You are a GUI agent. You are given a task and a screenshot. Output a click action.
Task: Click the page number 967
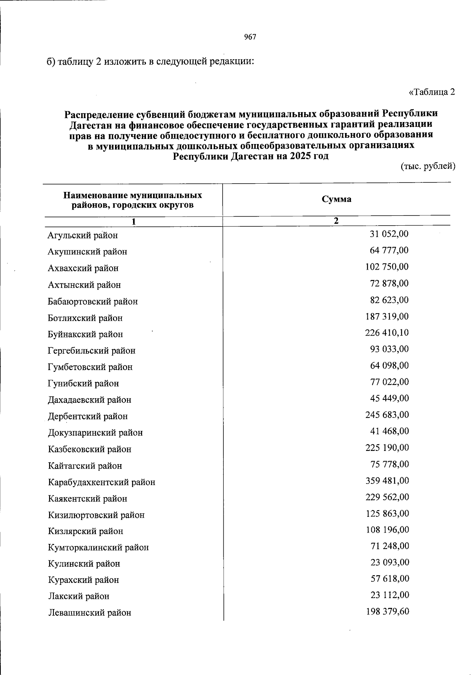click(x=250, y=37)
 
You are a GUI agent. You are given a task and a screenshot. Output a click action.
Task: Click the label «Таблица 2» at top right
click(x=432, y=92)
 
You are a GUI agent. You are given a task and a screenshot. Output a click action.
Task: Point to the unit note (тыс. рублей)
click(x=427, y=166)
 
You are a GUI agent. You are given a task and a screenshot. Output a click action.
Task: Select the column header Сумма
click(x=336, y=199)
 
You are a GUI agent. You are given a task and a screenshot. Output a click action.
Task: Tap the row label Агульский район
click(x=83, y=235)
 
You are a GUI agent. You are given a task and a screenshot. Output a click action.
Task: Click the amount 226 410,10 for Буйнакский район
click(x=387, y=333)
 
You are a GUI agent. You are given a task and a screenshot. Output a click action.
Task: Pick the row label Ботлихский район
click(x=85, y=318)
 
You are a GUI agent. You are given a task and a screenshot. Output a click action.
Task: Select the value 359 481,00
click(x=387, y=481)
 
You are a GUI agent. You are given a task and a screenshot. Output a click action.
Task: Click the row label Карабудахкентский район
click(x=102, y=482)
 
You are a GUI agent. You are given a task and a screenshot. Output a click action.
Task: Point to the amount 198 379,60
click(x=387, y=611)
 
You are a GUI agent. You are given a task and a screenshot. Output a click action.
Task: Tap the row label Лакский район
click(x=79, y=596)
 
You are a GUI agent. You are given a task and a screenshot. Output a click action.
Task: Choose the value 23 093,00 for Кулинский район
click(x=389, y=562)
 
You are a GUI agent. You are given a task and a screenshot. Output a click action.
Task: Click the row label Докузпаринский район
click(x=95, y=433)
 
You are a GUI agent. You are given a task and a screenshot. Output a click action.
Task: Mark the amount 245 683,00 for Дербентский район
click(x=387, y=415)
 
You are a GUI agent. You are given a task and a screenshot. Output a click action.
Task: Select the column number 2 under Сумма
click(x=336, y=221)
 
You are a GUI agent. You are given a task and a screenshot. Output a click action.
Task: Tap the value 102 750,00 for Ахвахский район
click(x=387, y=267)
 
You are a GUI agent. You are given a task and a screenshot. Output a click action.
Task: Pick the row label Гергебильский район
click(x=92, y=350)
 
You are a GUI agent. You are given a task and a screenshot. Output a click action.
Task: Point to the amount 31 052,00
click(x=389, y=234)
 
